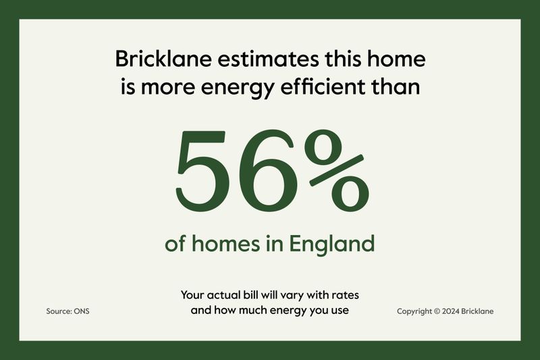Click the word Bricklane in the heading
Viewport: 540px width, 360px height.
pos(163,59)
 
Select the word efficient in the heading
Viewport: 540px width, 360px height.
pos(323,86)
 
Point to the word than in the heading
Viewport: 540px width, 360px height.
pos(396,86)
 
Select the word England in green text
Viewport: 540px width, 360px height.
pos(331,245)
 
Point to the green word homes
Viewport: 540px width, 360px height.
pos(225,243)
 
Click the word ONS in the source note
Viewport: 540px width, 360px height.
pos(82,311)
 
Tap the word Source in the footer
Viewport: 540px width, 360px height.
pos(59,311)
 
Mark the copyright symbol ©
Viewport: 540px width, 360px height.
pos(437,311)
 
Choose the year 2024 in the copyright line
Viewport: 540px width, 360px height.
pos(450,311)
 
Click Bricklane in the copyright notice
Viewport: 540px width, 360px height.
pos(477,311)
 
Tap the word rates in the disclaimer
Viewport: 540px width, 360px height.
pos(345,296)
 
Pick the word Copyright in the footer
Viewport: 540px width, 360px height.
pos(414,311)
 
